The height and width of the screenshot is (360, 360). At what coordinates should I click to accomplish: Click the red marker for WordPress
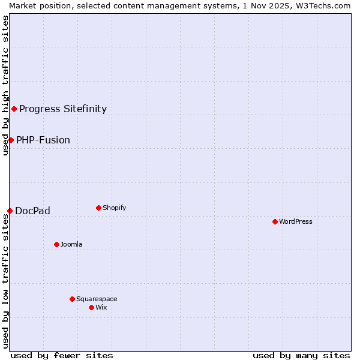pyautogui.click(x=275, y=221)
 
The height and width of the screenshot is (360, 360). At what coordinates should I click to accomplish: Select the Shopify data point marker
pyautogui.click(x=99, y=208)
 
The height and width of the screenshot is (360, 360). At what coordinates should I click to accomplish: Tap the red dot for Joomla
pyautogui.click(x=57, y=244)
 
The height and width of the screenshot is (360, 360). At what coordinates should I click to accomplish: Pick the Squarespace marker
pyautogui.click(x=73, y=299)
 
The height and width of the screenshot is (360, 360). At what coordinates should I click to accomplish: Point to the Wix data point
pyautogui.click(x=92, y=307)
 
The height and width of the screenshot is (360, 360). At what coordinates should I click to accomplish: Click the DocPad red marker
pyautogui.click(x=10, y=211)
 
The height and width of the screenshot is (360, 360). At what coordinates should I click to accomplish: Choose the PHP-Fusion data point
pyautogui.click(x=11, y=140)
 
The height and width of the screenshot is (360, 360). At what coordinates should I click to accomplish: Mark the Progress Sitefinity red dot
pyautogui.click(x=14, y=109)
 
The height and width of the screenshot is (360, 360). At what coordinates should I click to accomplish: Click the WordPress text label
pyautogui.click(x=296, y=221)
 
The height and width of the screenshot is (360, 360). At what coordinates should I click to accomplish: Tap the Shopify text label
pyautogui.click(x=114, y=208)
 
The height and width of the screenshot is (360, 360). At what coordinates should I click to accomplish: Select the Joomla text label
pyautogui.click(x=71, y=244)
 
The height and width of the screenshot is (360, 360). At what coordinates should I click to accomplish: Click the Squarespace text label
pyautogui.click(x=97, y=299)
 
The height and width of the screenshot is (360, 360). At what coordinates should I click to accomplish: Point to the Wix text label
pyautogui.click(x=101, y=307)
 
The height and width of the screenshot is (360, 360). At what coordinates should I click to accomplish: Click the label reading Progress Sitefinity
pyautogui.click(x=63, y=109)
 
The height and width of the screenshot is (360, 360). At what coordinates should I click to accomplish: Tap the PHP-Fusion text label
pyautogui.click(x=43, y=140)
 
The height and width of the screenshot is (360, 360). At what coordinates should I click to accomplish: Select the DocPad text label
pyautogui.click(x=32, y=211)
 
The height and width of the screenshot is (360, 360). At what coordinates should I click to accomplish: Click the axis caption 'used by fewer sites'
pyautogui.click(x=62, y=355)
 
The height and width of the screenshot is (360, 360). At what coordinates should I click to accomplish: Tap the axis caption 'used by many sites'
pyautogui.click(x=301, y=355)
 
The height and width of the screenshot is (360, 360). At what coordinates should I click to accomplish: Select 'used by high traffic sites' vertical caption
pyautogui.click(x=5, y=85)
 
